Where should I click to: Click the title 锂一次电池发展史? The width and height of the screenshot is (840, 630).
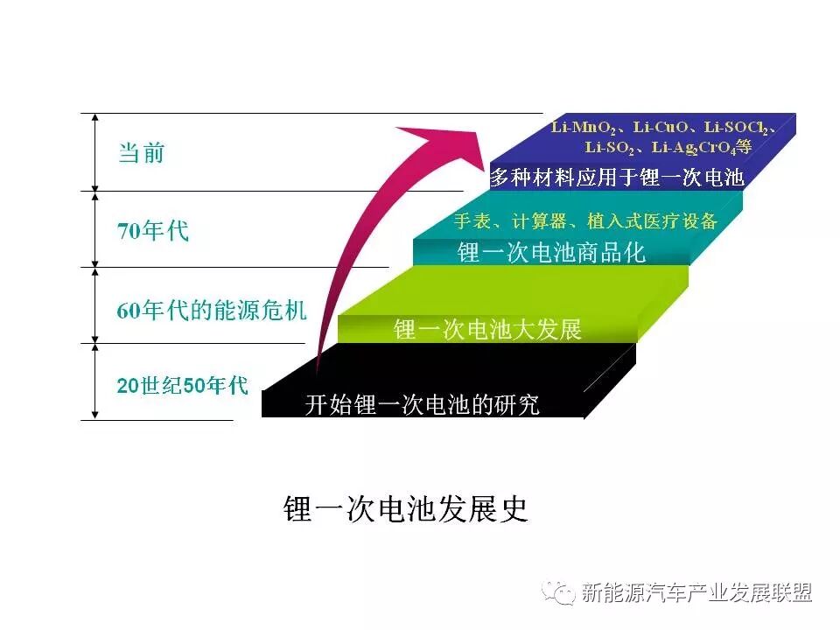click(407, 509)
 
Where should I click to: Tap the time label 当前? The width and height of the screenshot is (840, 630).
click(141, 153)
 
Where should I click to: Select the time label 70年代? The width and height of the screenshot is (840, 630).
click(153, 232)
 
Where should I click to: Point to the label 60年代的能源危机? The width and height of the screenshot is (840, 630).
click(212, 311)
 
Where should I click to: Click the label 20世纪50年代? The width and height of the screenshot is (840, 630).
click(183, 385)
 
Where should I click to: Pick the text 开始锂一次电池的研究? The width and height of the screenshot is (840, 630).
click(422, 405)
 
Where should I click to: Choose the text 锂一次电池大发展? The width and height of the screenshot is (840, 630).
click(487, 330)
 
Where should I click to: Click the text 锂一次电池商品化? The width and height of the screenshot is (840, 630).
click(551, 253)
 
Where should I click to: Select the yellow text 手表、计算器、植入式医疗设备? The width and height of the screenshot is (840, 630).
click(585, 220)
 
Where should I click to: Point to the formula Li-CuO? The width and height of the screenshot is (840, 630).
click(663, 128)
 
